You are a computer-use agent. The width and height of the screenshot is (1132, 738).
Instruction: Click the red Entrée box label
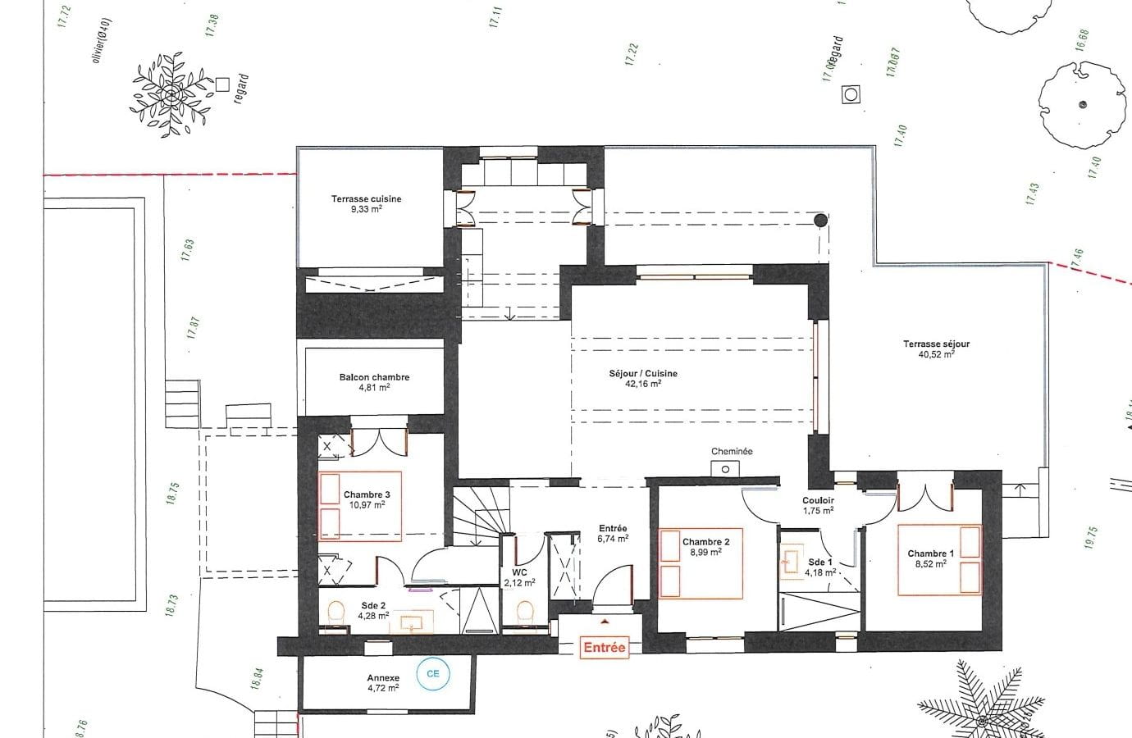pos(604,647)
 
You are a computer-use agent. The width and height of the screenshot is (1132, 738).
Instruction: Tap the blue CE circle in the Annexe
pos(432,674)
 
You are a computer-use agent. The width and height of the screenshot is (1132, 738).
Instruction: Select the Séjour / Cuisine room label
pos(643,378)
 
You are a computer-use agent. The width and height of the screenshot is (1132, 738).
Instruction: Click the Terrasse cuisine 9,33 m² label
pos(366,203)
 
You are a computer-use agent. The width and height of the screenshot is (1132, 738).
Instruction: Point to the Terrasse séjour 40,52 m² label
pos(936,349)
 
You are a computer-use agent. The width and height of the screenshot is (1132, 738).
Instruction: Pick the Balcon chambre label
pos(374,382)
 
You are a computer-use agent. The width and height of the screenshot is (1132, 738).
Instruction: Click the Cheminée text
pos(732,451)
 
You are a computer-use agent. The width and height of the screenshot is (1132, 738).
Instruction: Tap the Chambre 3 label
pos(367,499)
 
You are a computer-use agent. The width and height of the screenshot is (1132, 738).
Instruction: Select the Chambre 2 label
pos(705,547)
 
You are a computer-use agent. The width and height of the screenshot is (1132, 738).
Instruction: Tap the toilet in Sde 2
pos(335,612)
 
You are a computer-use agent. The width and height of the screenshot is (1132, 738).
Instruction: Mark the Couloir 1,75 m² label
pos(818,505)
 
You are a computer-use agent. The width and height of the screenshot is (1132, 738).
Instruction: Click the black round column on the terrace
pos(819,219)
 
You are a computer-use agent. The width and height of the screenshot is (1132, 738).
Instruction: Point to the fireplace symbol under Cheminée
pos(725,468)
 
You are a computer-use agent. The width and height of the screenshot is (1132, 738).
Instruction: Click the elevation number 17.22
pos(631,55)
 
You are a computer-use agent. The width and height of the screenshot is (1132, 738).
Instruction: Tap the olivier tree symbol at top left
pos(171,95)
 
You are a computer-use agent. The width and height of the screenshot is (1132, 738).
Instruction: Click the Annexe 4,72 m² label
pos(383,683)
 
